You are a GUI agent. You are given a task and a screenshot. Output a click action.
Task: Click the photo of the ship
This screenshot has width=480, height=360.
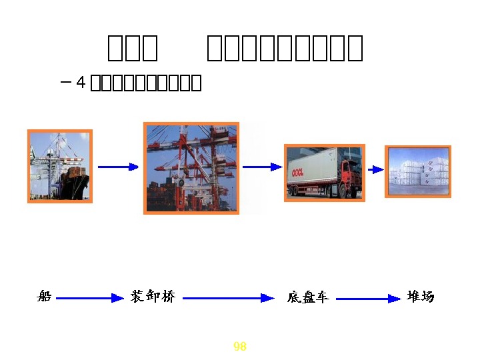[x=59, y=165]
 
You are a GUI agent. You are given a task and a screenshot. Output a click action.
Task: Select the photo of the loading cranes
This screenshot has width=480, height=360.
[x=191, y=168]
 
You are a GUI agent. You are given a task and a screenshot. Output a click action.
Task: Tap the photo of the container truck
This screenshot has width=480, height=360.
[x=324, y=172]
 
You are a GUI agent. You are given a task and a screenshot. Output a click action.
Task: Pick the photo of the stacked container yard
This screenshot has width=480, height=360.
[x=418, y=171]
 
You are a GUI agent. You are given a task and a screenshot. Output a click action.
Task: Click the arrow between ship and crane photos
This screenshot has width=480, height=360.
[x=118, y=167]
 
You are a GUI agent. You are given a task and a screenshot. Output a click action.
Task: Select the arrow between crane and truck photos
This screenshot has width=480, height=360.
[x=262, y=167]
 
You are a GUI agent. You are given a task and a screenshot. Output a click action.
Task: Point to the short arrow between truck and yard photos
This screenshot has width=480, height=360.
[x=375, y=169]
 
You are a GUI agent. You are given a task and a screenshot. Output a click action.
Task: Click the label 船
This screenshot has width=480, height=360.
[x=44, y=297]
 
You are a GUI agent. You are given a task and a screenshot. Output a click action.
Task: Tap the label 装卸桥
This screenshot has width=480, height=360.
[x=153, y=297]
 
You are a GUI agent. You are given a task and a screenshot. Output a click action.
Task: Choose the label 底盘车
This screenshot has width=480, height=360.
[x=308, y=297]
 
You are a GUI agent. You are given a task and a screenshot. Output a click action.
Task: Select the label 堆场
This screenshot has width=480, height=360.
[x=420, y=297]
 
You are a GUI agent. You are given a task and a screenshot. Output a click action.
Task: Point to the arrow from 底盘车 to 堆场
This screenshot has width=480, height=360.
[x=367, y=299]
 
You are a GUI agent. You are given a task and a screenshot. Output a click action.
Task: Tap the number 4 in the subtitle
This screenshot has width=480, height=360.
[x=81, y=83]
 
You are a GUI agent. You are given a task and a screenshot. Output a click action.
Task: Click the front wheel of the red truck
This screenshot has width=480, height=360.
[x=344, y=192]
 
